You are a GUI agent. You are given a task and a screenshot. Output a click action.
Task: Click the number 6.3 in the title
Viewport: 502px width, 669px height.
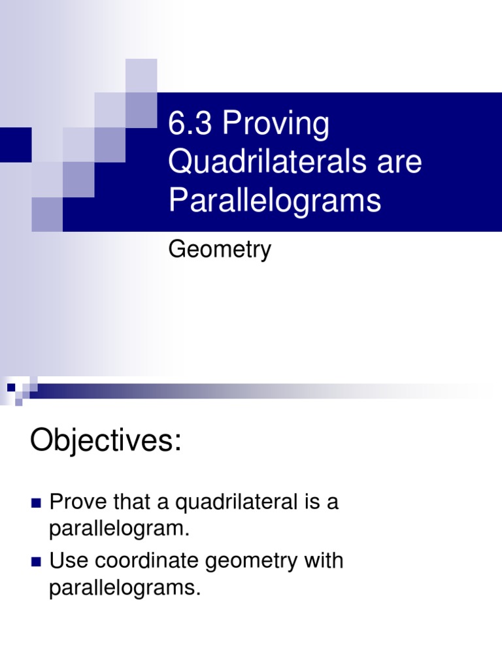coord(190,125)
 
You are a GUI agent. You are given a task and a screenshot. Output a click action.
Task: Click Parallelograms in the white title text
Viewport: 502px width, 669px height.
coord(275,201)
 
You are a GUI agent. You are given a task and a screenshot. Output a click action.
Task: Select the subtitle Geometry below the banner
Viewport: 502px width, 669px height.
coord(220,250)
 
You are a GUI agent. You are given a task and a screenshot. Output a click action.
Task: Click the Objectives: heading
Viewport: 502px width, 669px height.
coord(105,442)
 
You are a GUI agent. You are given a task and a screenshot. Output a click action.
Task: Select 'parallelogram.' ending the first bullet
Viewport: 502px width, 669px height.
coord(119,530)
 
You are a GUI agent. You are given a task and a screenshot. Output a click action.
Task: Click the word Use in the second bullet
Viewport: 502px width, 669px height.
coord(67,561)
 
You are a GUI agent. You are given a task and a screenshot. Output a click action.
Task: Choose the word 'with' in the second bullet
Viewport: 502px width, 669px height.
coord(324,561)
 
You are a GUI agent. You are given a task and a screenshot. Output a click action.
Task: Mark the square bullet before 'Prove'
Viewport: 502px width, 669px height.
coord(35,504)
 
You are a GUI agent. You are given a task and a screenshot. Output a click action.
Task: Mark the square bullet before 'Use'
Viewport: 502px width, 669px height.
coord(35,561)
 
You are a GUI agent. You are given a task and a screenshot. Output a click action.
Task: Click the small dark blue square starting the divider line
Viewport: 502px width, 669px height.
coord(11,387)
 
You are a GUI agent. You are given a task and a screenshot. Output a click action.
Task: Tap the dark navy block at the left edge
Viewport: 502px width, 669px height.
coord(15,144)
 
